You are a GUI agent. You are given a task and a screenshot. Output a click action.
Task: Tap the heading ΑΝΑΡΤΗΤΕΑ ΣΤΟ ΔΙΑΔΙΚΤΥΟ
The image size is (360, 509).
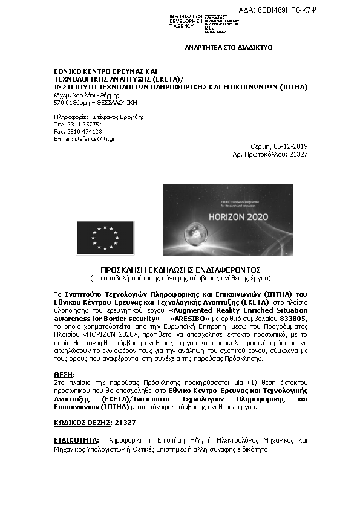coord(228,47)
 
